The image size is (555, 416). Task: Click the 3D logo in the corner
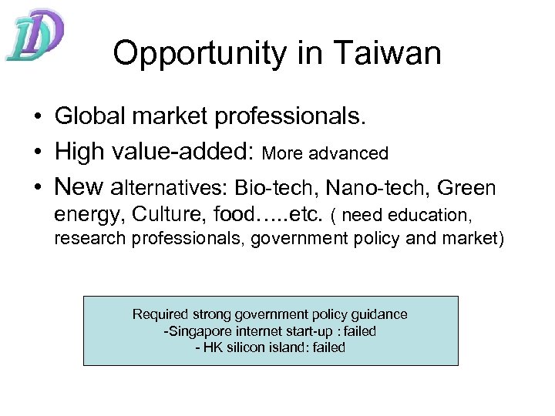35,35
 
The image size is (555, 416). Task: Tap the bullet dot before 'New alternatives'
36,187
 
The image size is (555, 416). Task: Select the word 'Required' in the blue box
161,314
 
